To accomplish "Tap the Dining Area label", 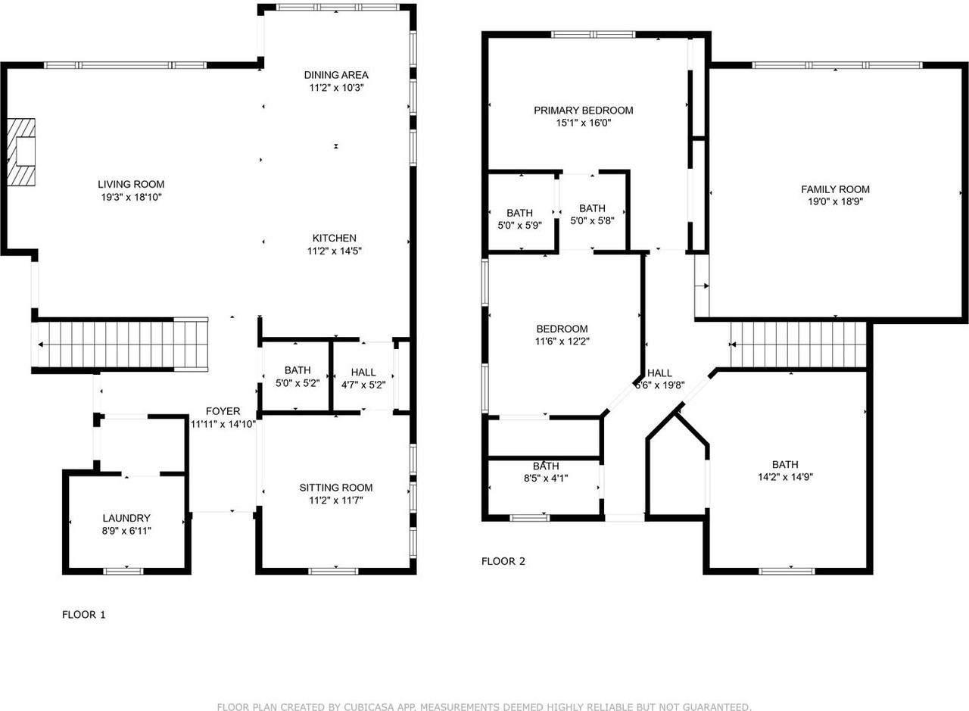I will [336, 75].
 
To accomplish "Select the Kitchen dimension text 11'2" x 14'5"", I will [335, 251].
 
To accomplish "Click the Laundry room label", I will [126, 518].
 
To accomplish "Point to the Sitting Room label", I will [335, 488].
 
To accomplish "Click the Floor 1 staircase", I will [121, 345].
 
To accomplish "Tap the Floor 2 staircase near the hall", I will [798, 345].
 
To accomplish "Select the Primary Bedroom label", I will [583, 111].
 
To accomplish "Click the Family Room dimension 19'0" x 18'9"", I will [835, 202].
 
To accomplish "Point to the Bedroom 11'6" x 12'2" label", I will [562, 329].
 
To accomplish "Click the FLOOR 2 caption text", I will [503, 561].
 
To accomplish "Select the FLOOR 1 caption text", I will [83, 615].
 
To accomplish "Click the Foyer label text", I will [223, 411].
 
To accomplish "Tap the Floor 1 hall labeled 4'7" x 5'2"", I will [363, 373].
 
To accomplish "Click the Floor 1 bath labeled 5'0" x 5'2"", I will [298, 370].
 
